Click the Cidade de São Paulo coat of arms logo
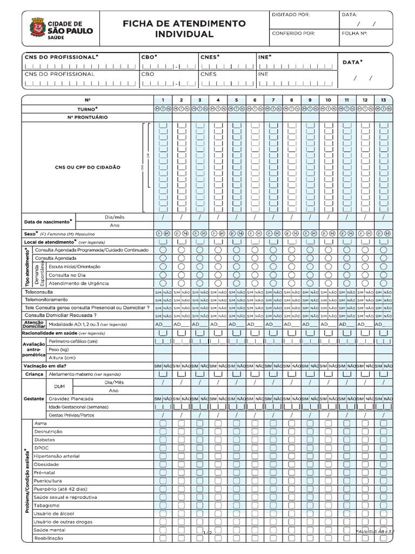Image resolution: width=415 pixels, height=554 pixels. [37, 28]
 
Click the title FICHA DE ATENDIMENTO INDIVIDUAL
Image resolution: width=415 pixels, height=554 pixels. [184, 29]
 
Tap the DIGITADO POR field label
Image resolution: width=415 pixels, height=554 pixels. [291, 15]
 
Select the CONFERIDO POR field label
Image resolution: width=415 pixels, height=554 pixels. [293, 33]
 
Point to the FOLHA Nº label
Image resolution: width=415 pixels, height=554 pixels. [354, 33]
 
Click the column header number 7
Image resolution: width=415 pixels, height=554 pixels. [273, 100]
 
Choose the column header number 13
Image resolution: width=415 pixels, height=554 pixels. [383, 100]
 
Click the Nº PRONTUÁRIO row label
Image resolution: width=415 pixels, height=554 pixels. [88, 117]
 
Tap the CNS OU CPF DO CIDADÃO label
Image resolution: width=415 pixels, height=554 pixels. [88, 168]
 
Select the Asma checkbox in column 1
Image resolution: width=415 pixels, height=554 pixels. [163, 423]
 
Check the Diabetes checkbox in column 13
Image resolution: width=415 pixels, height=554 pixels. [383, 440]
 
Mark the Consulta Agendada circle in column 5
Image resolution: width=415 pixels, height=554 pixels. [236, 259]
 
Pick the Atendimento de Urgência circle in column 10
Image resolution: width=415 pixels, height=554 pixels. [328, 283]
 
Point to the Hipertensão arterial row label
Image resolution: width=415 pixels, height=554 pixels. [56, 456]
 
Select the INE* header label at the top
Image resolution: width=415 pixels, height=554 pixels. [265, 56]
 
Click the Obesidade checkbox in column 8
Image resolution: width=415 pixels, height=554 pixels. [291, 464]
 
